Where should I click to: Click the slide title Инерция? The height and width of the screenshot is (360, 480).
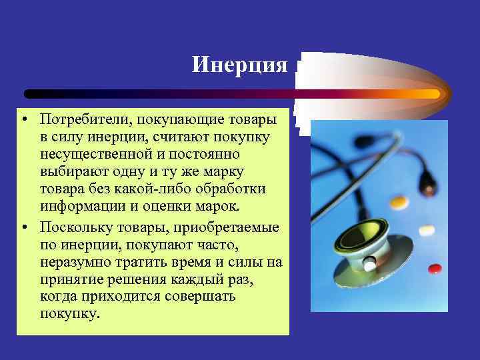point(239,65)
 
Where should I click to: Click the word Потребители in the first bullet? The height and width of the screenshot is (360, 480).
point(78,119)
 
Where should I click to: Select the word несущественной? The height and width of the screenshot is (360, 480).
point(91,155)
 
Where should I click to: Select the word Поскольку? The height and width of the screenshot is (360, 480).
point(71,227)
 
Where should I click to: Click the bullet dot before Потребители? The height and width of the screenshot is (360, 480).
point(24,119)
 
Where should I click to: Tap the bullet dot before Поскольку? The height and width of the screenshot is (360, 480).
point(24,228)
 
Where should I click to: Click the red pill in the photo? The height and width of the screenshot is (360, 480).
point(435,268)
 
